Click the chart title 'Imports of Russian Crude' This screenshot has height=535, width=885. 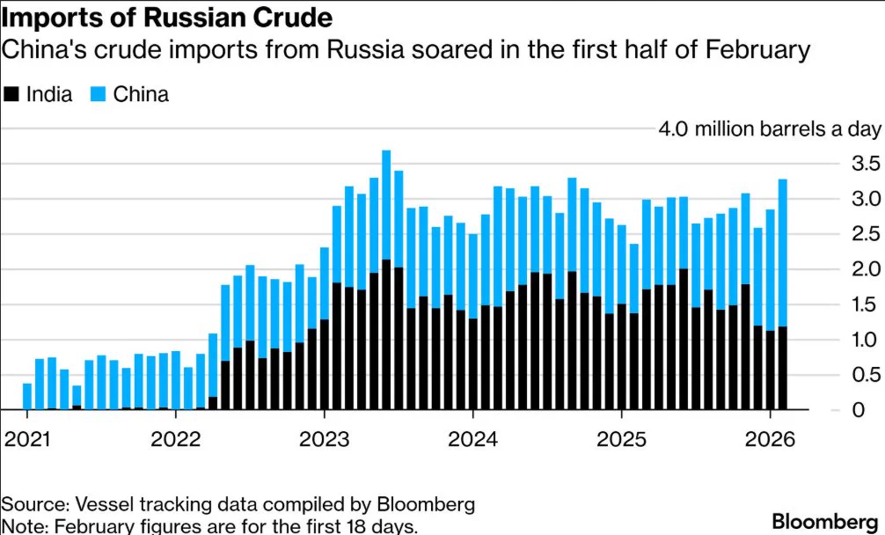(167, 18)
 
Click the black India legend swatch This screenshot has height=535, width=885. (11, 93)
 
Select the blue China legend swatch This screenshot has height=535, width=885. (98, 93)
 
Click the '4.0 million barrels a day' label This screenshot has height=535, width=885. (769, 130)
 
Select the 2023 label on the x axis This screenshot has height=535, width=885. (324, 439)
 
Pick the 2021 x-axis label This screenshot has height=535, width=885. (26, 439)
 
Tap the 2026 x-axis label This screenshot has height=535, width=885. (770, 439)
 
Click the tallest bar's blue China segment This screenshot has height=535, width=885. (386, 205)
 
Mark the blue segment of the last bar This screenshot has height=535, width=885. (783, 253)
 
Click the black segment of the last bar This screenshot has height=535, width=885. (783, 368)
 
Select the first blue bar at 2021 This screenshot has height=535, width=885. (27, 396)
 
